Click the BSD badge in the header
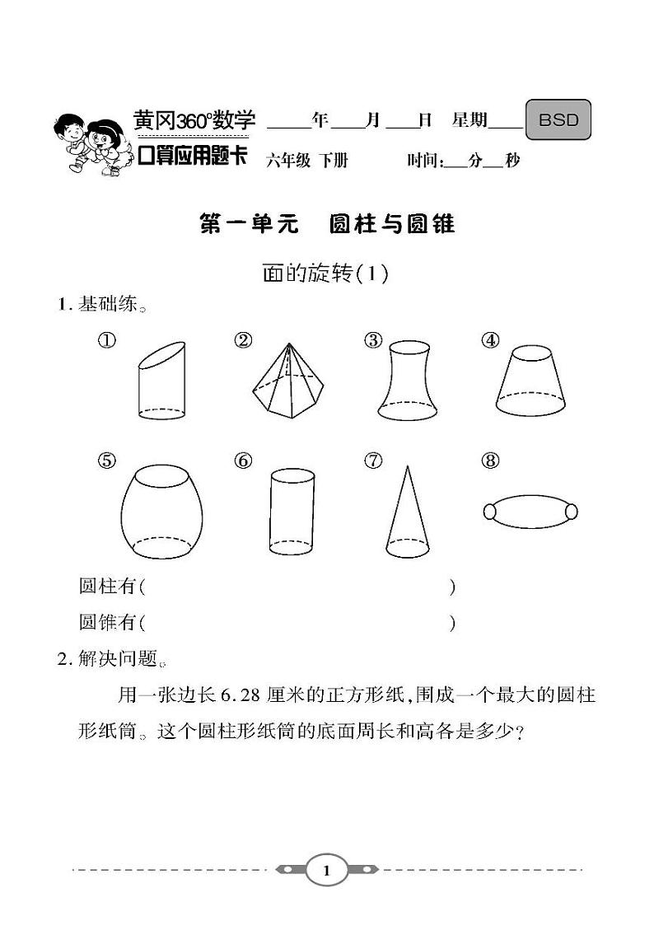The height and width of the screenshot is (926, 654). [x=558, y=120]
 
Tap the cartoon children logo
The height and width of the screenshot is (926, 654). [x=89, y=142]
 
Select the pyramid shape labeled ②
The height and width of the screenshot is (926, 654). [x=285, y=380]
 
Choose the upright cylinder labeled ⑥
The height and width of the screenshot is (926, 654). [x=292, y=511]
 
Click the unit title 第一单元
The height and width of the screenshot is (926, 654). [x=250, y=224]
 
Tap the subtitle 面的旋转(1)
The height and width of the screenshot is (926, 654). [x=325, y=274]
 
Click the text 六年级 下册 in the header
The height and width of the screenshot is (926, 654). [x=306, y=161]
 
